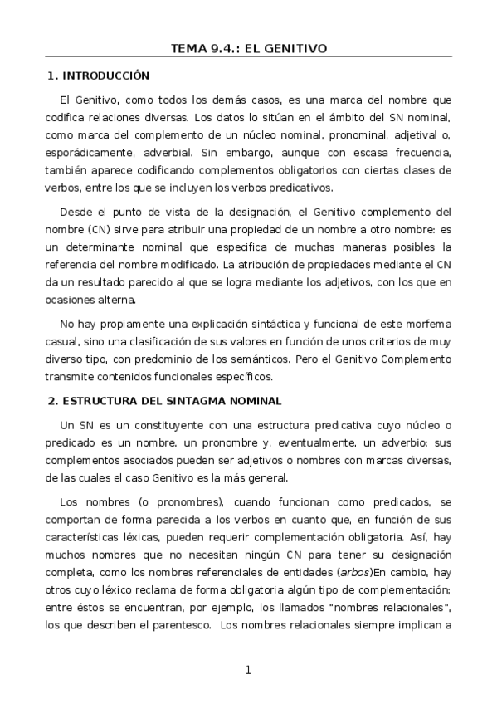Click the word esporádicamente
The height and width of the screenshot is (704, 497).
[x=89, y=153]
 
